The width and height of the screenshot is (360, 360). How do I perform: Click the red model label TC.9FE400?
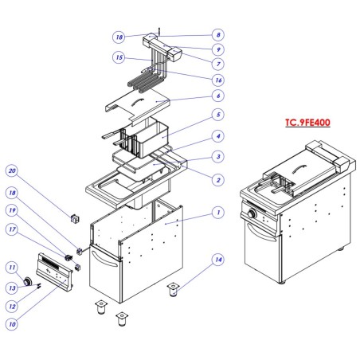coord(308,123)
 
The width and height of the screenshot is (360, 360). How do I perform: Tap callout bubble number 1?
coord(217,212)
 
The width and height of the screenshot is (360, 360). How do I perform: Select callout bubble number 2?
coord(217,181)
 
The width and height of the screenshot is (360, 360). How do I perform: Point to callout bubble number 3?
coord(217,158)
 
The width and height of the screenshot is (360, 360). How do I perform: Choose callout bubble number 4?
coord(217,136)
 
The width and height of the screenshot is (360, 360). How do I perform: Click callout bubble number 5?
coord(217,115)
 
